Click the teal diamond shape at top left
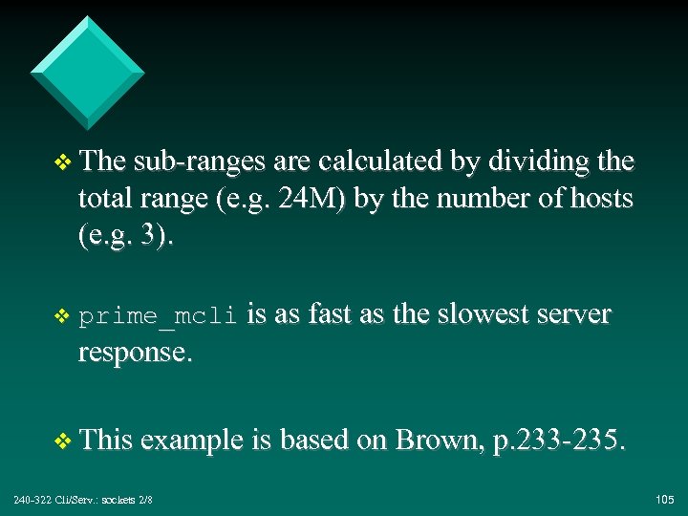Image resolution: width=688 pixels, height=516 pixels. click(87, 72)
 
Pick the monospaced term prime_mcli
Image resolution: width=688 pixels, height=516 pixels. click(158, 316)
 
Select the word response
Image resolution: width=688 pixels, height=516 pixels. click(136, 353)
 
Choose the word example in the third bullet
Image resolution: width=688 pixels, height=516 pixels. click(195, 441)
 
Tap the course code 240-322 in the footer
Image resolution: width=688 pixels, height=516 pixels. click(32, 500)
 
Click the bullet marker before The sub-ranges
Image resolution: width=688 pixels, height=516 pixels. click(64, 162)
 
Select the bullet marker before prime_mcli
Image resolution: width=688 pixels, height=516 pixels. click(64, 316)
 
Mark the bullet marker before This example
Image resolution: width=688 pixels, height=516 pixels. click(64, 441)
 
